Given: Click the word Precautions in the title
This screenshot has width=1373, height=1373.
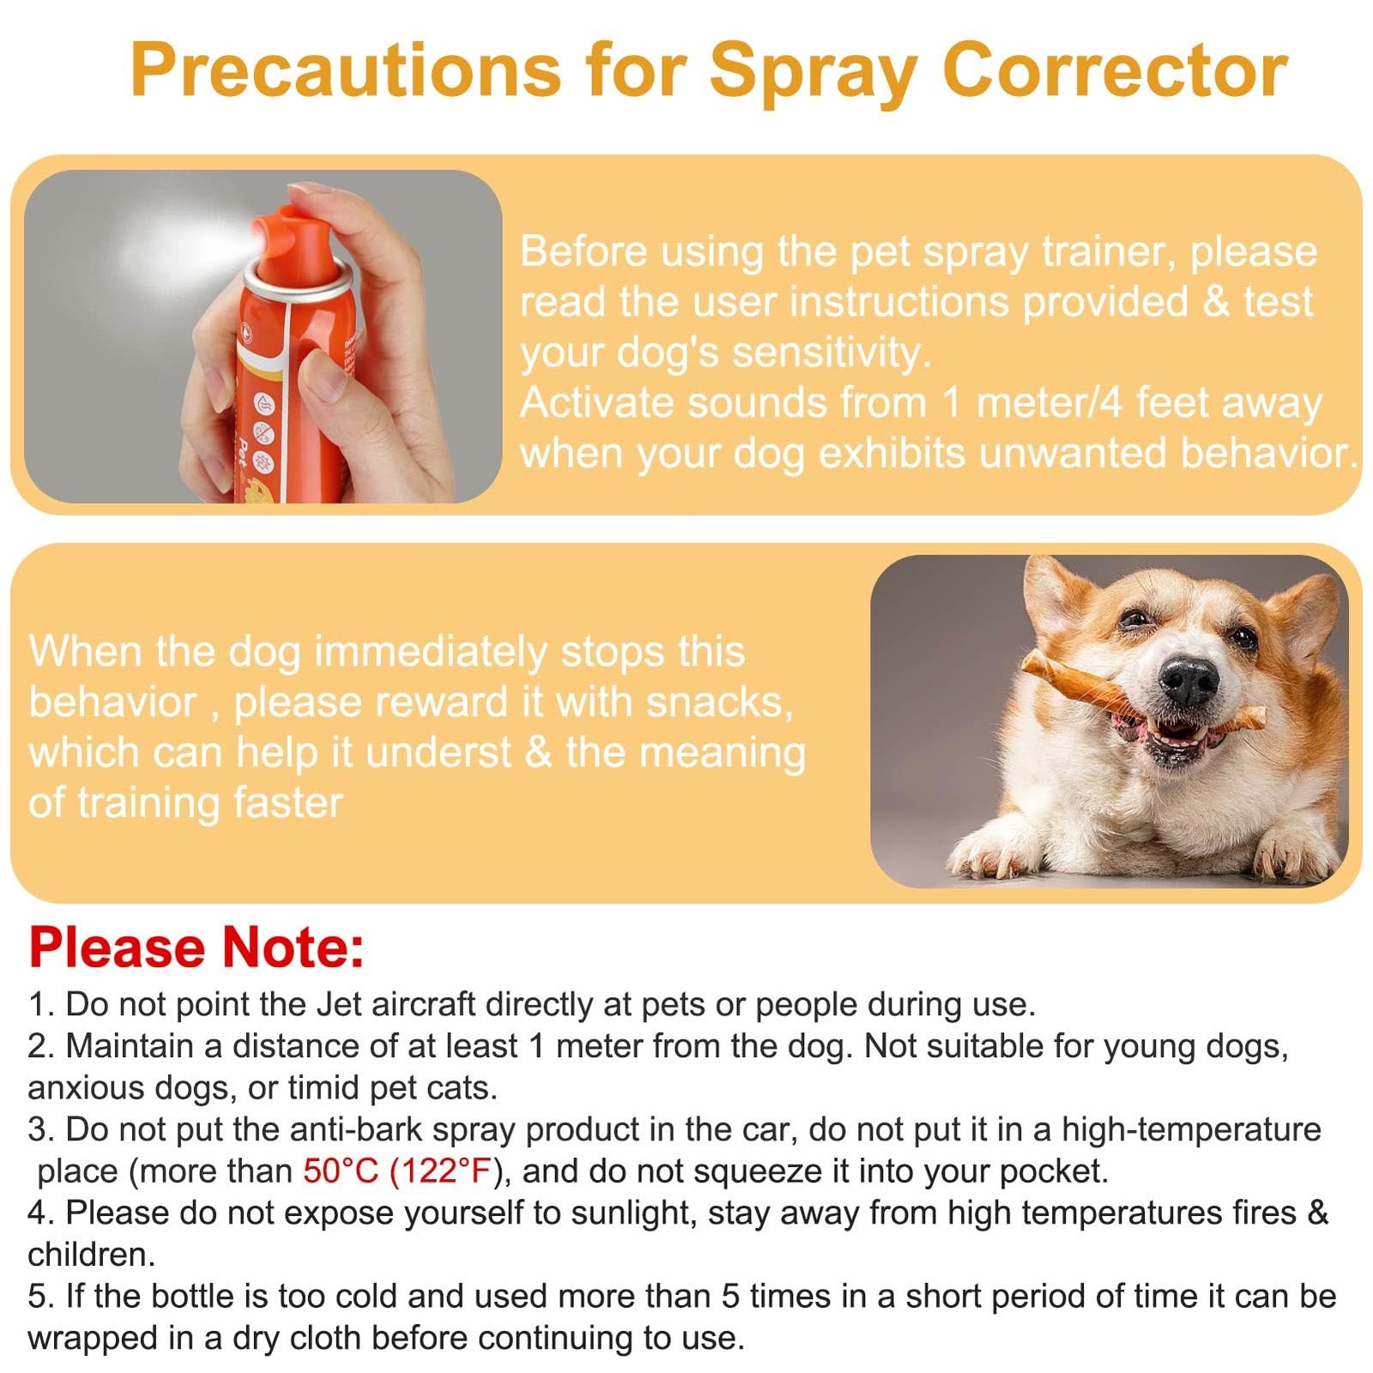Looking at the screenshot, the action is click(345, 70).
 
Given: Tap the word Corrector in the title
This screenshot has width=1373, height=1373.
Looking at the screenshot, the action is click(1115, 70).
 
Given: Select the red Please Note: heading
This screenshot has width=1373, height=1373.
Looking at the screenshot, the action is click(197, 947).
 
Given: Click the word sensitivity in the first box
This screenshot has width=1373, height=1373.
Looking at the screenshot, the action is click(831, 353).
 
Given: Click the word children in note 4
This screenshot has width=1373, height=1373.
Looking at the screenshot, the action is click(90, 1255).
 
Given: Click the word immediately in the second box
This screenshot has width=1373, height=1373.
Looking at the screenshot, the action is click(431, 652).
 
